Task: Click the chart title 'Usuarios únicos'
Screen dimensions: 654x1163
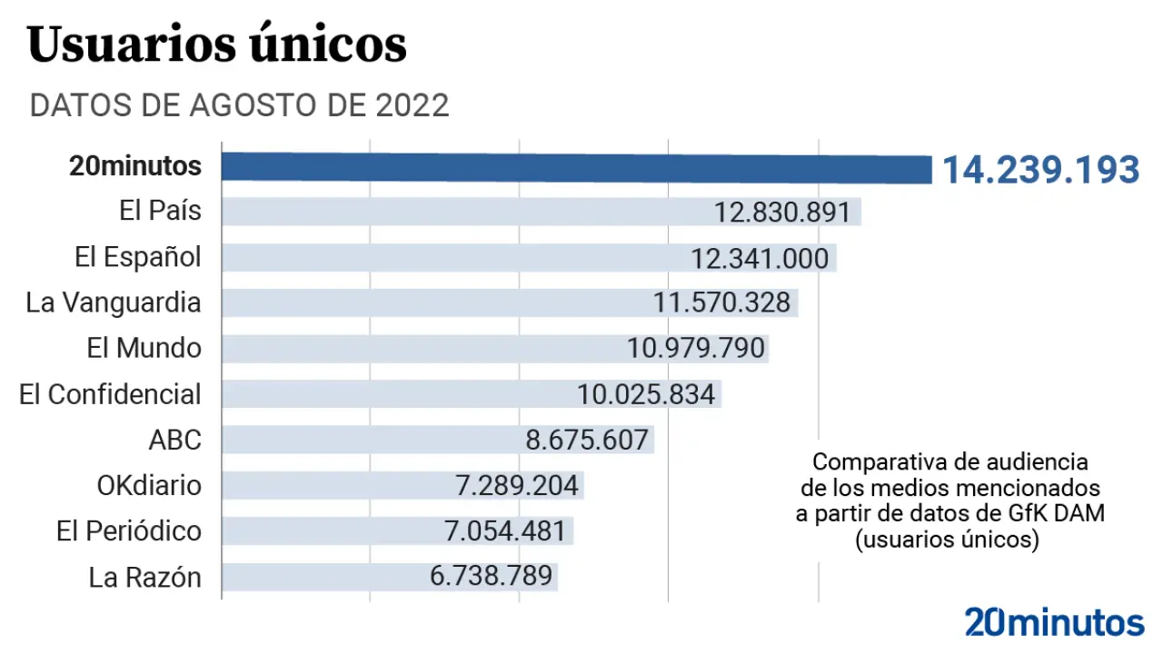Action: pos(217,45)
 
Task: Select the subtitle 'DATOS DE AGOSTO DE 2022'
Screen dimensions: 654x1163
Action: pos(239,105)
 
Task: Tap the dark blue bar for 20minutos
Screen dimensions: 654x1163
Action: pos(577,168)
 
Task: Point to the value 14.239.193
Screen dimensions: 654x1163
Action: pos(1039,170)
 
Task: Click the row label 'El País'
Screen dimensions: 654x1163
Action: pos(160,211)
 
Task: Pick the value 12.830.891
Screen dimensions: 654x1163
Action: pos(782,213)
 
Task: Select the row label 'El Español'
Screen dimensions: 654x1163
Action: pos(138,257)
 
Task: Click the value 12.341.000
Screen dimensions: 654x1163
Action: pos(760,259)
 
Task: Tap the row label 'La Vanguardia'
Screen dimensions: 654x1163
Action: pos(114,302)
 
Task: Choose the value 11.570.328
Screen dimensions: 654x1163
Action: pos(721,302)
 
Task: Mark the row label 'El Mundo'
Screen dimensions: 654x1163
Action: pos(144,348)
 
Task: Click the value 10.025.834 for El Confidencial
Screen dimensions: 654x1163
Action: pos(646,394)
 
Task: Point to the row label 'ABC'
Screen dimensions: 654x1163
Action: pos(174,440)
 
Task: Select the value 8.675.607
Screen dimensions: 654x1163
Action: pos(587,441)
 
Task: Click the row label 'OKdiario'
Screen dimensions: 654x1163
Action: pos(149,485)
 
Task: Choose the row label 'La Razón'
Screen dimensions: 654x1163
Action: pos(144,577)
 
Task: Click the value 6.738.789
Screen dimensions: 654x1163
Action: pos(491,577)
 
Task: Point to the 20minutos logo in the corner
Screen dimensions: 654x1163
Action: pos(1054,622)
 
